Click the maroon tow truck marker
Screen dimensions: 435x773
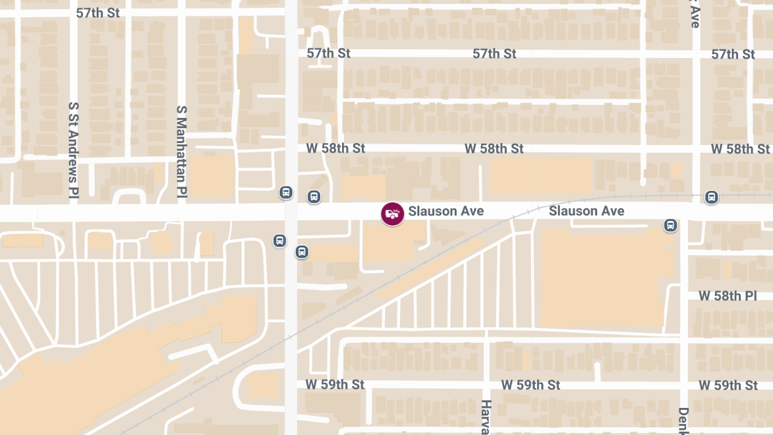click(x=392, y=213)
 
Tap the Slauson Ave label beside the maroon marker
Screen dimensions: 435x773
click(x=446, y=211)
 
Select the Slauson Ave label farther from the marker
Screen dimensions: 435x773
click(x=586, y=211)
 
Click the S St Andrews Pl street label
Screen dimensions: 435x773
click(x=73, y=149)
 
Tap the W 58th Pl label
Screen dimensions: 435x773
click(x=728, y=296)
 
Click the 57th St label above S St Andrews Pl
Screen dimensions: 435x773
click(x=98, y=13)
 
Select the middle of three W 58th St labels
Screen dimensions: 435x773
click(x=494, y=149)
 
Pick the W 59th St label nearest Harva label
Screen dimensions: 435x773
click(x=530, y=385)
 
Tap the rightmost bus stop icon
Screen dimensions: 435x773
click(x=711, y=197)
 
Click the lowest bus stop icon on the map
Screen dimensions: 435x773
click(x=301, y=252)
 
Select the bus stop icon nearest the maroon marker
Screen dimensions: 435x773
click(x=314, y=197)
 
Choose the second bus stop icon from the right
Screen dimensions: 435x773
click(x=671, y=226)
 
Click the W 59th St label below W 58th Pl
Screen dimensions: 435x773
click(x=728, y=385)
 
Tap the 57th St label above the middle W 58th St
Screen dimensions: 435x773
click(x=494, y=54)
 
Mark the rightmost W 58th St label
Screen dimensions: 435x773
click(x=740, y=149)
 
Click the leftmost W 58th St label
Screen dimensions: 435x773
click(x=335, y=149)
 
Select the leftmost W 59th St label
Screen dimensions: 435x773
click(x=334, y=385)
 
